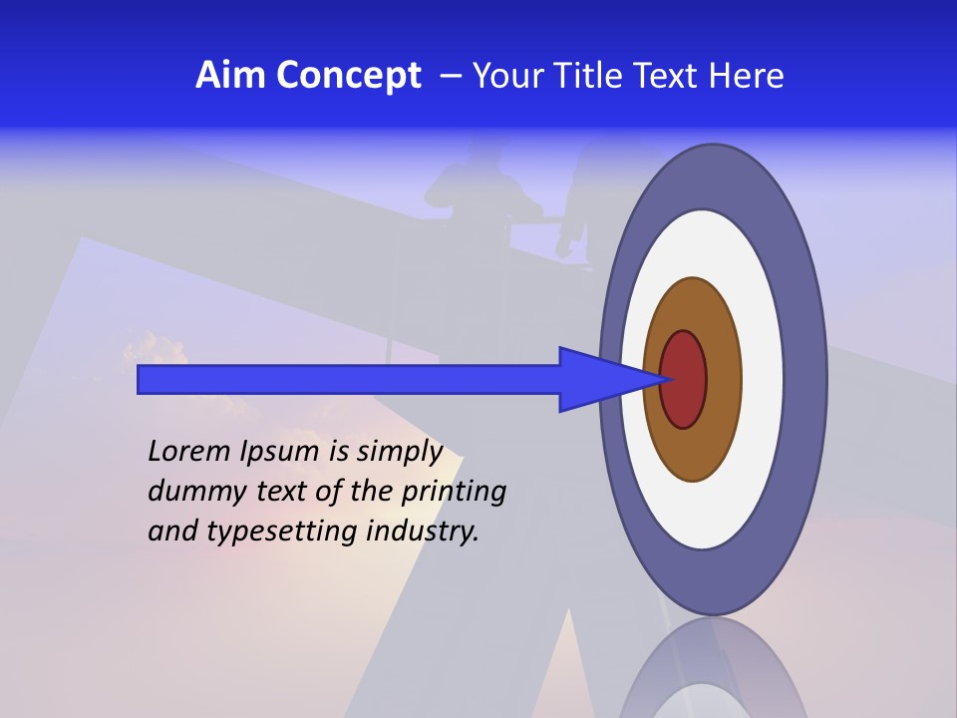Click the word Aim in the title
(x=231, y=76)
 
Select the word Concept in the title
(x=349, y=76)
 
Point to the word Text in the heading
(x=670, y=76)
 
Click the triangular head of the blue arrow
(x=598, y=379)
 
